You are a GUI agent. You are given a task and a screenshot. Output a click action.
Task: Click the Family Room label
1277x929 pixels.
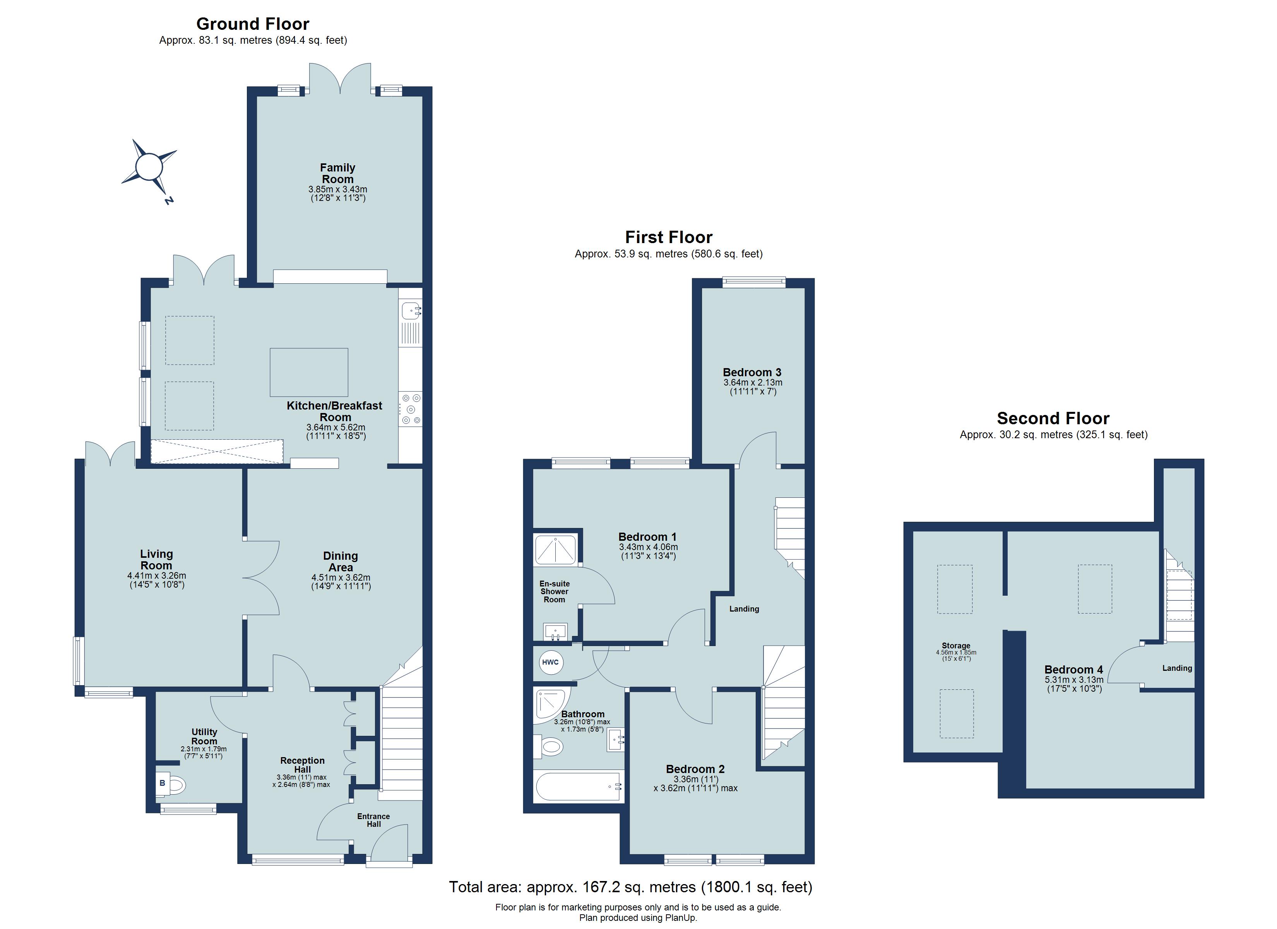click(x=337, y=173)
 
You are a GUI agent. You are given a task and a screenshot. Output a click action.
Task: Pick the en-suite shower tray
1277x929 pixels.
click(x=555, y=550)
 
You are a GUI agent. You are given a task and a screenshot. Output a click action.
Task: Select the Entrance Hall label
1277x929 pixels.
click(x=373, y=820)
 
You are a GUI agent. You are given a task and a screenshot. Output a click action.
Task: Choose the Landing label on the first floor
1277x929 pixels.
click(x=744, y=608)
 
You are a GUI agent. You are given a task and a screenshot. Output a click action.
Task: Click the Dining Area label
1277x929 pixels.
click(x=340, y=561)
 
